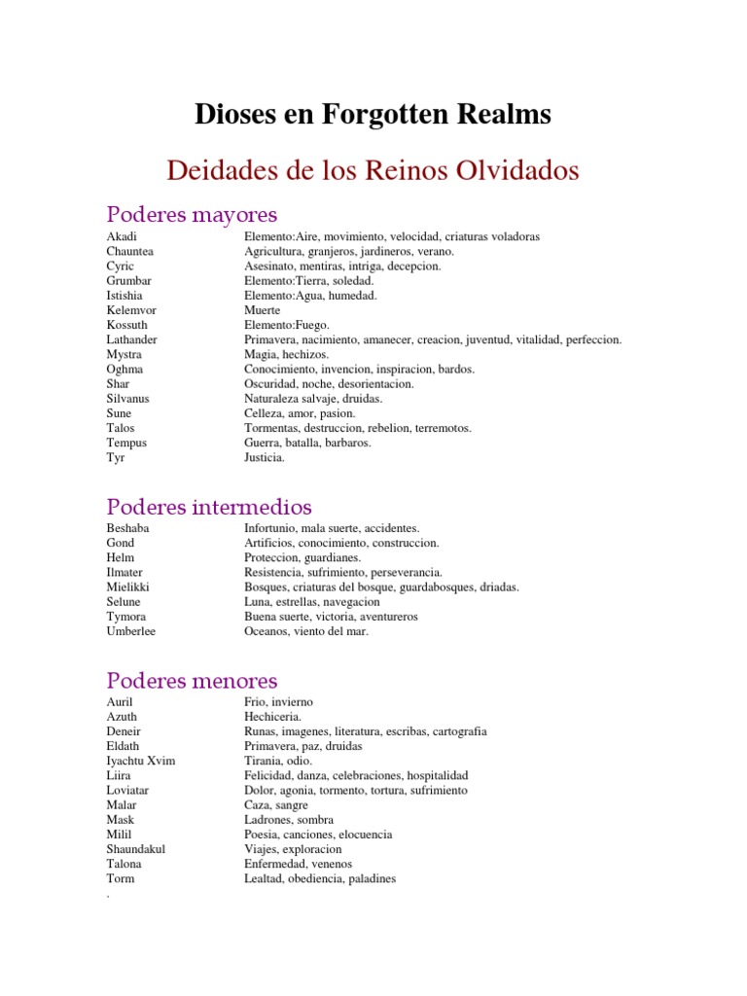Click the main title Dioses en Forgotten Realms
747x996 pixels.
coord(373,115)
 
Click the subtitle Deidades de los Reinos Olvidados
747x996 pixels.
coord(373,171)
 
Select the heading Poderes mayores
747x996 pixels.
coord(192,214)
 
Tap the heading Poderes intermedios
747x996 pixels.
coord(209,507)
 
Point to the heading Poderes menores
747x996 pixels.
coord(192,681)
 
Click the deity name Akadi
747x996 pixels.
coord(122,236)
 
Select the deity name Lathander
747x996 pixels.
coord(131,339)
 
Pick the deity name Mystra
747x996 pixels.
coord(124,354)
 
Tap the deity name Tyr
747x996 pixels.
coord(116,457)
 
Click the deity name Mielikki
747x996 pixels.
coord(127,587)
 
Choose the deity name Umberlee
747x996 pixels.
coord(130,631)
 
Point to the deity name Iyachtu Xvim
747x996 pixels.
coord(141,761)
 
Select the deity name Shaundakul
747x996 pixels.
coord(135,849)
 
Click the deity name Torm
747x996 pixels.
coord(121,878)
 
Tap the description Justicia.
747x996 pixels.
coord(265,457)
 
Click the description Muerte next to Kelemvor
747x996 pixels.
coord(263,310)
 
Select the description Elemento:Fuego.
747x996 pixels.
coord(287,325)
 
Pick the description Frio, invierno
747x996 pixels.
coord(278,702)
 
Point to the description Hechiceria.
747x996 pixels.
coord(273,717)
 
